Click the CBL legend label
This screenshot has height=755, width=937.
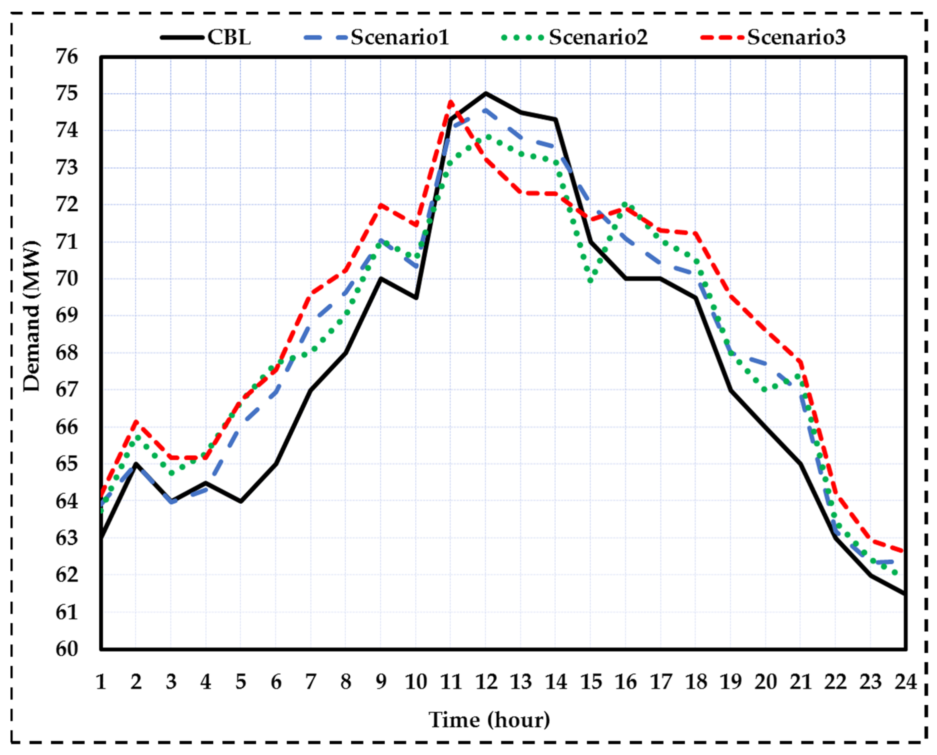click(229, 37)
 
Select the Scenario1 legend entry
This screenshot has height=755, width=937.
click(399, 37)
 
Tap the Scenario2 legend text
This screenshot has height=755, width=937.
click(598, 37)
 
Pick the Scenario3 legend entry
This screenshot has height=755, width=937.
click(796, 37)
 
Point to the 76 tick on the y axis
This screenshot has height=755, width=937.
click(67, 57)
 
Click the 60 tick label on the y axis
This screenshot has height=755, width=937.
click(67, 649)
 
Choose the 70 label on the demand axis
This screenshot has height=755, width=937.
click(67, 279)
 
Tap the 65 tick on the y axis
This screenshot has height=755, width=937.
click(67, 464)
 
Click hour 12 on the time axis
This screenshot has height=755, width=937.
click(486, 682)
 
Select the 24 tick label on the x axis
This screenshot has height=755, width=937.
click(905, 682)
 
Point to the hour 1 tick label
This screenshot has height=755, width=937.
click(101, 682)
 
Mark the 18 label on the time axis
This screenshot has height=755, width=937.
click(696, 682)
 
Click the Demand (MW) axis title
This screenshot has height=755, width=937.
click(31, 316)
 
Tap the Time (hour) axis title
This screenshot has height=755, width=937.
click(489, 720)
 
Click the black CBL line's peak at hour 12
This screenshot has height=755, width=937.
click(486, 93)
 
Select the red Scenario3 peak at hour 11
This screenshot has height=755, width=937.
click(451, 101)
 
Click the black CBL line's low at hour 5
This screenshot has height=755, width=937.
click(240, 501)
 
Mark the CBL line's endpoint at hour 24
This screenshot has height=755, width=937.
click(905, 594)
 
